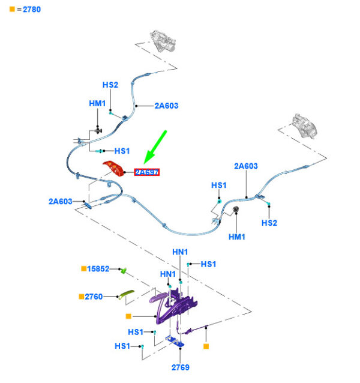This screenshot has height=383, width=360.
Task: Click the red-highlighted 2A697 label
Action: click(147, 172)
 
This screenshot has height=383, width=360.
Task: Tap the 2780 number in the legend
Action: click(32, 10)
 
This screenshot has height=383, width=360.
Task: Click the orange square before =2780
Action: click(13, 10)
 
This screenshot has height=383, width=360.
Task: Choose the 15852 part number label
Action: click(98, 269)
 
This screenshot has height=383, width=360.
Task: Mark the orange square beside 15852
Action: click(83, 269)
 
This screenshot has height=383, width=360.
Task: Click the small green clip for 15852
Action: click(122, 270)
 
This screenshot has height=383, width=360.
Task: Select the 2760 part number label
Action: click(94, 297)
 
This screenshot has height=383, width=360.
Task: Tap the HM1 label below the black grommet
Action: click(238, 237)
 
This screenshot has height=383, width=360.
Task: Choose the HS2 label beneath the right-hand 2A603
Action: click(269, 223)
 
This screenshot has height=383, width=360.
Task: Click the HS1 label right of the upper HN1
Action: click(208, 264)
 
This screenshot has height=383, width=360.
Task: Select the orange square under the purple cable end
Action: click(206, 346)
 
